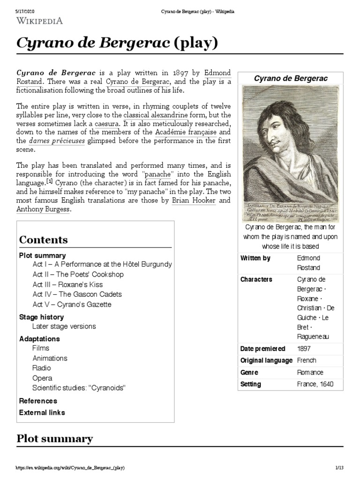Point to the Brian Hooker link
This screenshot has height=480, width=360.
tap(187, 200)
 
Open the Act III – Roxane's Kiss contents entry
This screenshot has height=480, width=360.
tap(67, 285)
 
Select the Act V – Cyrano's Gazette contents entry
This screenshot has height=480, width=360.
tap(72, 304)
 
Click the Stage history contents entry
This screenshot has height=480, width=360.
tap(41, 317)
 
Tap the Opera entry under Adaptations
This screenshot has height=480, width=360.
tap(42, 378)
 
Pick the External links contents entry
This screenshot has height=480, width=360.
tap(42, 412)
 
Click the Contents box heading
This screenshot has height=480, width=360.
tap(43, 240)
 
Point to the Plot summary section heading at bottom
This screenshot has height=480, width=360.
tap(54, 439)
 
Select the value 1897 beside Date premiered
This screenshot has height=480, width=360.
tap(304, 349)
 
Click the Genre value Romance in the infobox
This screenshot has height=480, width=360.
tap(310, 372)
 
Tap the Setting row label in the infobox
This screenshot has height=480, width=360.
tap(251, 384)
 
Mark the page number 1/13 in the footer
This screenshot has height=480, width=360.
tap(340, 468)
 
